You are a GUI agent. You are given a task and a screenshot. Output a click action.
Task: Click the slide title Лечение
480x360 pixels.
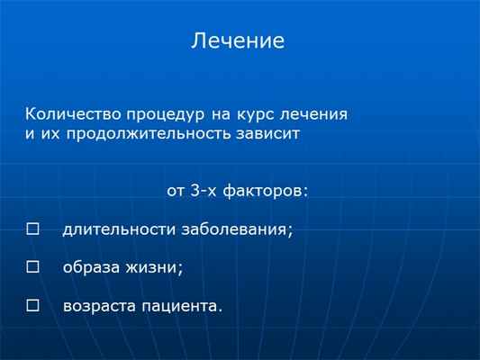(x=238, y=41)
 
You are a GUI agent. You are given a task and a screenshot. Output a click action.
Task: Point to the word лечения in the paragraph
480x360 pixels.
(x=314, y=116)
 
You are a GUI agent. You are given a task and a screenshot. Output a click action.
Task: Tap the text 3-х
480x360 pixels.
(x=206, y=191)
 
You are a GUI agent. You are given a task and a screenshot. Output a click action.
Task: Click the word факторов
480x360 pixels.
(x=269, y=191)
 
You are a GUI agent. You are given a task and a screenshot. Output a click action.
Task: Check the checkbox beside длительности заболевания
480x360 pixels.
(x=33, y=229)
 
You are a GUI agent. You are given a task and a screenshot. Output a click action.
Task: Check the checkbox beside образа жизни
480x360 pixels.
(x=33, y=267)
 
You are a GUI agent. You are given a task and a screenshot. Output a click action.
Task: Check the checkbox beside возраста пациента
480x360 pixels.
(x=33, y=306)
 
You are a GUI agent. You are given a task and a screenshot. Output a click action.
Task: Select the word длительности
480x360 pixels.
(x=118, y=229)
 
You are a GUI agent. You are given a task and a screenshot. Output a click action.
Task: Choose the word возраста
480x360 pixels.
(x=98, y=307)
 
